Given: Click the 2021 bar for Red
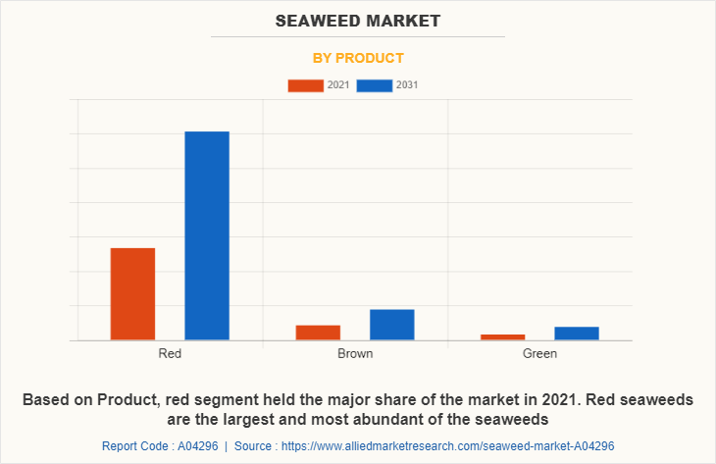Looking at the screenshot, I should (132, 294).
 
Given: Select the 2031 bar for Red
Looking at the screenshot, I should (207, 235).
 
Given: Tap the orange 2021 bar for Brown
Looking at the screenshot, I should (318, 333).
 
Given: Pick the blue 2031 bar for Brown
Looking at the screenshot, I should (391, 325).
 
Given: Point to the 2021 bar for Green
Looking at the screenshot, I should (502, 337).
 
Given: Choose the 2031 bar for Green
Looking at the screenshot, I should (576, 334).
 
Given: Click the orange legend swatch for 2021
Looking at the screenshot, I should (305, 85).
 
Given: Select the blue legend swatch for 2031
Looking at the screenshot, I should (374, 85).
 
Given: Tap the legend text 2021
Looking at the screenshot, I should (338, 85).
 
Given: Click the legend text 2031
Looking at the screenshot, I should (407, 85).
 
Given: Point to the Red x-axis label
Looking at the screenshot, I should (170, 353).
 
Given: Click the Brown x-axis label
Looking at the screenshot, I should (355, 353).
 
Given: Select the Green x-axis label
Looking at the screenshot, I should (539, 353).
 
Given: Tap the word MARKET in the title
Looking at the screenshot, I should (403, 21).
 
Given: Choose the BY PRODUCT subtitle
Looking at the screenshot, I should (358, 58).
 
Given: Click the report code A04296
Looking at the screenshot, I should (196, 446).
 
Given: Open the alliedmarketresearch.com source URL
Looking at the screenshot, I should (445, 446).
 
